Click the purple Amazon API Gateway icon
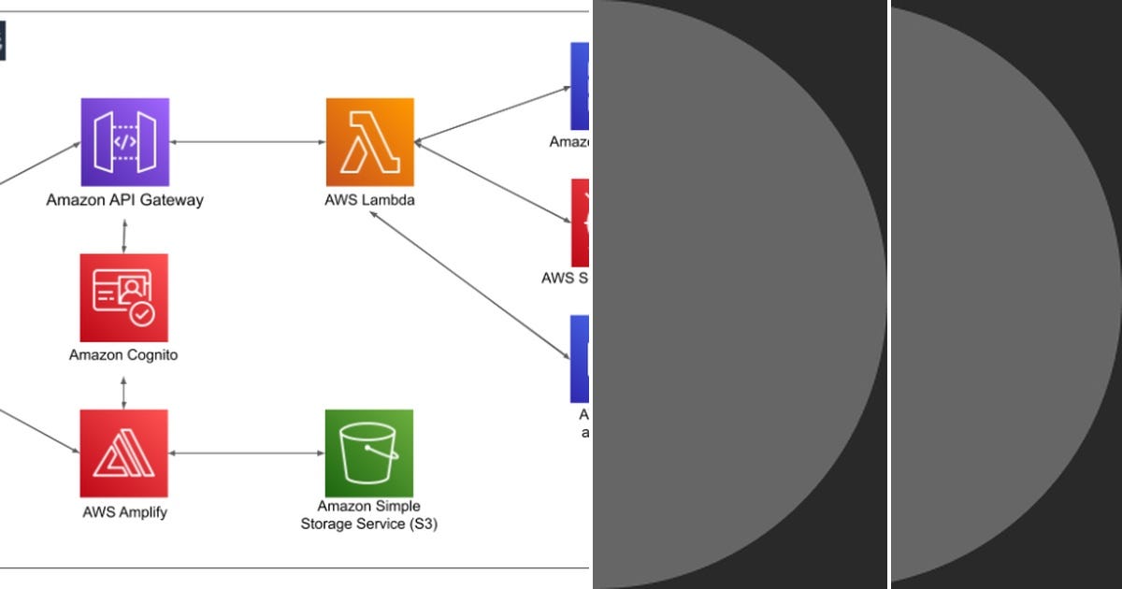coord(124,142)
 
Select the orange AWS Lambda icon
coord(369,142)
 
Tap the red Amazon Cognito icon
coord(124,297)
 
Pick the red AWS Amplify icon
coord(124,453)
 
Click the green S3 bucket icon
coord(369,453)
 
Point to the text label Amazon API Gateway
coord(124,200)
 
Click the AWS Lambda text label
coord(369,200)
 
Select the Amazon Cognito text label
coord(123,355)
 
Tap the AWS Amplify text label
coord(124,511)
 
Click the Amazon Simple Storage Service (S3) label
coord(369,515)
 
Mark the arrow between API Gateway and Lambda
coord(247,142)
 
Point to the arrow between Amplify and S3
coord(247,453)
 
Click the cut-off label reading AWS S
coord(565,278)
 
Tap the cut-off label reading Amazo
coord(568,142)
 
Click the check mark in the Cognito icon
coord(142,315)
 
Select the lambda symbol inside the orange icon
coord(369,142)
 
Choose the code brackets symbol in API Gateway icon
coord(124,142)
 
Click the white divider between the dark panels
coord(888,294)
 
